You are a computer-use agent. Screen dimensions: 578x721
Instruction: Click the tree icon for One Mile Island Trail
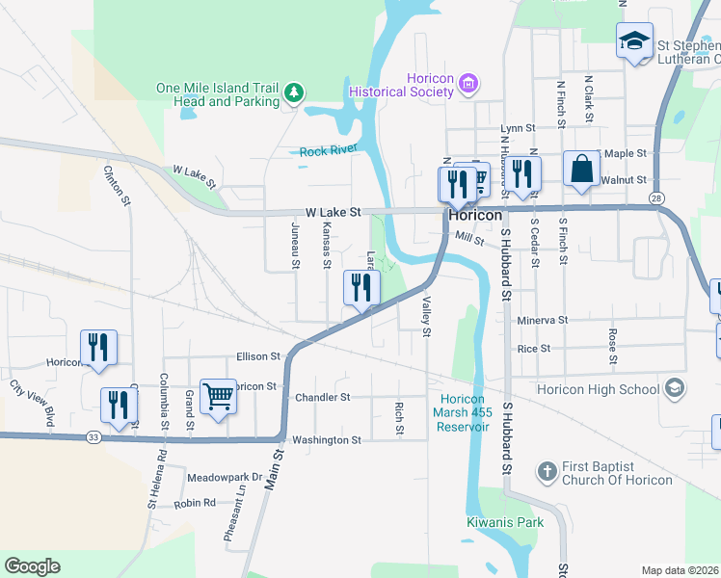tap(294, 94)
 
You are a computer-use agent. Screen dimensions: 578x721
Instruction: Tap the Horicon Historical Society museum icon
tap(469, 85)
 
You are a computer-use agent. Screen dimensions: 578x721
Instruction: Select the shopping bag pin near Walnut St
tap(582, 170)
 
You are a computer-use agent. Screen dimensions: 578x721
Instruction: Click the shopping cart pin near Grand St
tap(219, 395)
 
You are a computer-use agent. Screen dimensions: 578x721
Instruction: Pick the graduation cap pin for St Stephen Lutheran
tap(634, 41)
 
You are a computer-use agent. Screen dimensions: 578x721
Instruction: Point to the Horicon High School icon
tap(676, 388)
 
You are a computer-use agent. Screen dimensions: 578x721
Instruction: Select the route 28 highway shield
tap(655, 197)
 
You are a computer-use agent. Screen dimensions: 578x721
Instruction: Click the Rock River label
tap(328, 150)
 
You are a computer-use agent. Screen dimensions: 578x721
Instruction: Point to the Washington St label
tap(328, 439)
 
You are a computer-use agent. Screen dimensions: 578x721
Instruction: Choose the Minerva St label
tap(543, 320)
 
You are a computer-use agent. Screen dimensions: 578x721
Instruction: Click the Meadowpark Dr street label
tap(225, 477)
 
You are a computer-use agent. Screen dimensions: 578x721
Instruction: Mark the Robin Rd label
tap(196, 504)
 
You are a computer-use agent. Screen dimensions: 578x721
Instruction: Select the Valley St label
tap(425, 316)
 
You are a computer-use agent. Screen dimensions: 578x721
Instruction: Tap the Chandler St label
tap(322, 397)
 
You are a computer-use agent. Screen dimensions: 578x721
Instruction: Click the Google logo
tap(32, 566)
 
